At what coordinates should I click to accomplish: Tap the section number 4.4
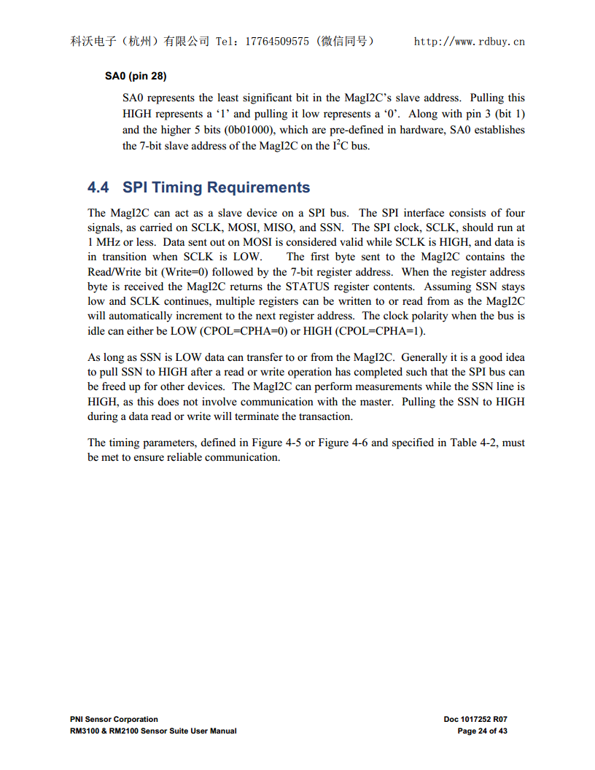click(x=98, y=187)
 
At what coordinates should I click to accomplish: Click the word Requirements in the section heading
click(x=259, y=187)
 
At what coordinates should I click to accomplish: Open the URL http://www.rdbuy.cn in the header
click(x=469, y=42)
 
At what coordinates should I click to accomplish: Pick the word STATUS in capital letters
click(x=306, y=287)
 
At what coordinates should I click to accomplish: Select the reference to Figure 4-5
click(x=275, y=443)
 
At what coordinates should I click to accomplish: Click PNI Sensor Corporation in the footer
click(x=114, y=720)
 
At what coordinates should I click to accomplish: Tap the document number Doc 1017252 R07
click(x=475, y=720)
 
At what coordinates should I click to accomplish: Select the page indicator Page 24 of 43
click(x=482, y=731)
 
